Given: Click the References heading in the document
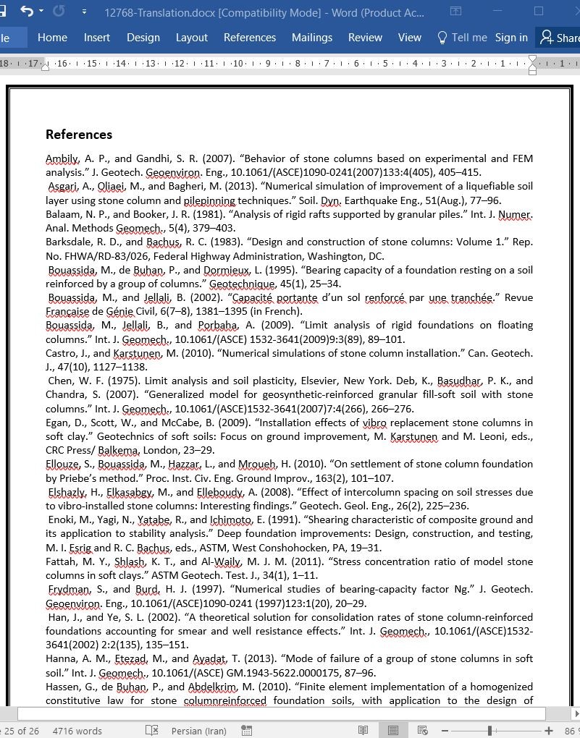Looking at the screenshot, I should coord(79,135).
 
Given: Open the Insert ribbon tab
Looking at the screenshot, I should coord(97,38).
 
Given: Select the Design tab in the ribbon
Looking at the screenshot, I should coord(143,38).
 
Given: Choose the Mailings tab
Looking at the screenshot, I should coord(312,38).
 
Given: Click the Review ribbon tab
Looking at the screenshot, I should coord(365,38).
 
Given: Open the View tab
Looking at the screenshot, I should coord(410,38).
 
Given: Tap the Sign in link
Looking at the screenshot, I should coord(511,38).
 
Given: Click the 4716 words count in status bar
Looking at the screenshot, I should coord(77,731).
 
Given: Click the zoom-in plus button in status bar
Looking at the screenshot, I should coord(550,731).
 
